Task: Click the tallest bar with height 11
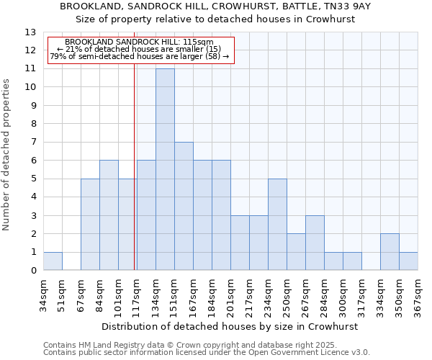[165, 169]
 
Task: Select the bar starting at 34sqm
[53, 261]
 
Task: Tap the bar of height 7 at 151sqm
[184, 206]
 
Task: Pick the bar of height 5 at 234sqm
[277, 225]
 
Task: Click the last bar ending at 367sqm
[408, 261]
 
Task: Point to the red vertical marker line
[135, 166]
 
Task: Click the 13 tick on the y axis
[30, 32]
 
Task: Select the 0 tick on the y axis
[33, 271]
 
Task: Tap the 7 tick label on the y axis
[33, 143]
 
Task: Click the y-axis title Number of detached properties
[7, 155]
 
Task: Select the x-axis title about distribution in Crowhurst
[230, 326]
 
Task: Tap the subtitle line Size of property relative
[215, 19]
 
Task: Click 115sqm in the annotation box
[199, 42]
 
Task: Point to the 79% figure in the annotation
[57, 55]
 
